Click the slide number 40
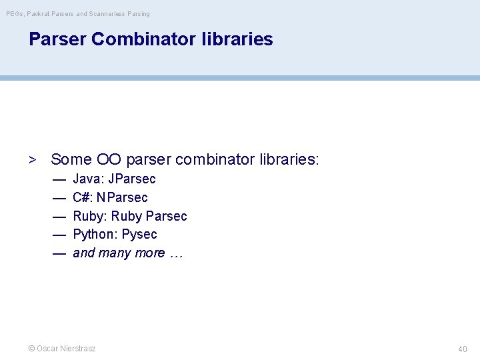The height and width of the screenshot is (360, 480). pos(463,349)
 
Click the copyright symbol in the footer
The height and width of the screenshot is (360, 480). pos(31,349)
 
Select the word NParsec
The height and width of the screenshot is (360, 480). pos(123,197)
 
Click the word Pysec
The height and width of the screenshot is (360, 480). pos(139,234)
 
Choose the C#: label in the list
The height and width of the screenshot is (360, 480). pos(83,197)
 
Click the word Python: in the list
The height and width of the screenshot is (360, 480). pos(95,234)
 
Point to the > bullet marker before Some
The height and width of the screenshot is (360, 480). pos(31,159)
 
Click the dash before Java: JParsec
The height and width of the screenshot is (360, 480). pos(59,179)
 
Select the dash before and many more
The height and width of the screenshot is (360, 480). pos(59,253)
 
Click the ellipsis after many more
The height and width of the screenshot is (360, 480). pos(176,253)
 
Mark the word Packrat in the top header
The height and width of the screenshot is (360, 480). pos(40,13)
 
